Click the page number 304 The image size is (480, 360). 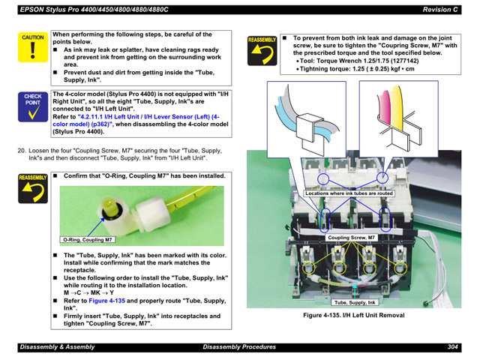pos(452,346)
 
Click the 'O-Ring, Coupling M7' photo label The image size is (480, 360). pos(88,240)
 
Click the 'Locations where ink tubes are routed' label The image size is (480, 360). pos(349,193)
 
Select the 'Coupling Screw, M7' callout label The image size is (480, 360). pos(350,238)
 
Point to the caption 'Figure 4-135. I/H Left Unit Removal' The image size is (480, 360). pos(353,316)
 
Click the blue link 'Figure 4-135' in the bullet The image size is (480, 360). pos(106,301)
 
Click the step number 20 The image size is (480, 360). pos(22,150)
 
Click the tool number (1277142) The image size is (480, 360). pos(391,61)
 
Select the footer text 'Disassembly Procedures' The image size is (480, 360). pos(239,346)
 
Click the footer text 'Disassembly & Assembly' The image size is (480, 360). pos(57,346)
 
